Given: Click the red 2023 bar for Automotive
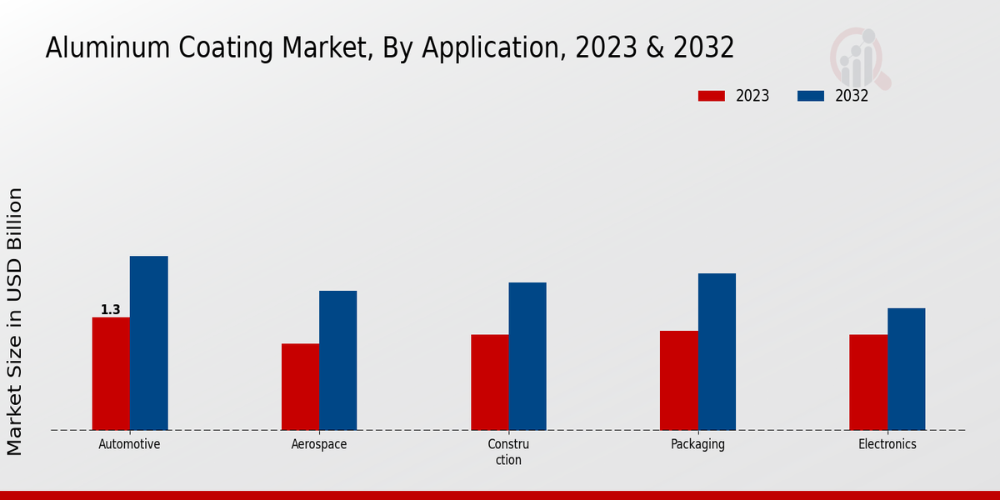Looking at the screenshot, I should click(111, 373).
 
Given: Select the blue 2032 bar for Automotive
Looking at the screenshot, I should click(148, 342).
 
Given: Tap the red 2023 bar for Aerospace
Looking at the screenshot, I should click(300, 387).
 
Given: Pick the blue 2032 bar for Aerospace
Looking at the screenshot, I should click(337, 360).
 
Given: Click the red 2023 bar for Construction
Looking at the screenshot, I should click(489, 382).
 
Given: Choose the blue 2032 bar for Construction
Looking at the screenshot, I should click(527, 356).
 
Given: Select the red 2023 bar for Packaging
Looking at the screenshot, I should click(678, 380).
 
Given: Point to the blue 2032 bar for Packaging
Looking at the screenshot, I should click(717, 352).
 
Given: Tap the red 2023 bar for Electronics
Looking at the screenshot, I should click(868, 382).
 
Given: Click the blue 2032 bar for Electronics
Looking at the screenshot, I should click(906, 369).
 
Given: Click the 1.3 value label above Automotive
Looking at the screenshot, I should click(110, 310).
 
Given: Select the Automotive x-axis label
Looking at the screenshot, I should click(129, 444).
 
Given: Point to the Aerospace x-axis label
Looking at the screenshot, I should click(319, 444).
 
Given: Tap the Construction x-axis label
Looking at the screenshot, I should click(508, 452).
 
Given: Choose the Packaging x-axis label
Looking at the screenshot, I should click(697, 444).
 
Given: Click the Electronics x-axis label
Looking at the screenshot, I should click(887, 444).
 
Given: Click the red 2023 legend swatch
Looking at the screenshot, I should click(711, 96).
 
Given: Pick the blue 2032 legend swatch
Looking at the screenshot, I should click(810, 96).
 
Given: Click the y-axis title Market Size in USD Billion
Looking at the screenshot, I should click(15, 321).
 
